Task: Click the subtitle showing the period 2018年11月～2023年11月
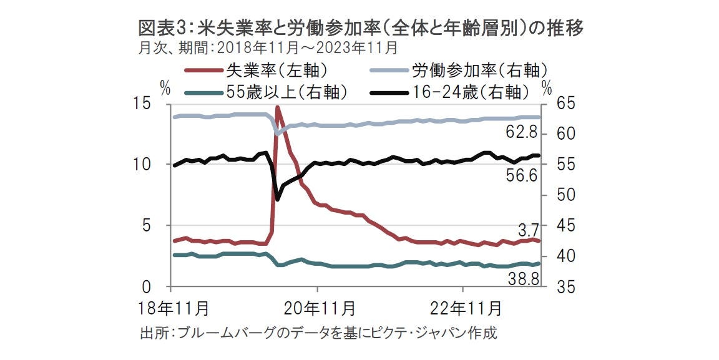(268, 48)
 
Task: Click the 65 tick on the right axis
(557, 104)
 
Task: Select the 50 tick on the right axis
(557, 195)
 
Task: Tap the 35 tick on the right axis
(557, 288)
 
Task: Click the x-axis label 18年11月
(174, 308)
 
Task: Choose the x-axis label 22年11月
(464, 308)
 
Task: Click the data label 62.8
(522, 133)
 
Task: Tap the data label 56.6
(522, 177)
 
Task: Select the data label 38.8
(522, 280)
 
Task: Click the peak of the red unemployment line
(277, 107)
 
